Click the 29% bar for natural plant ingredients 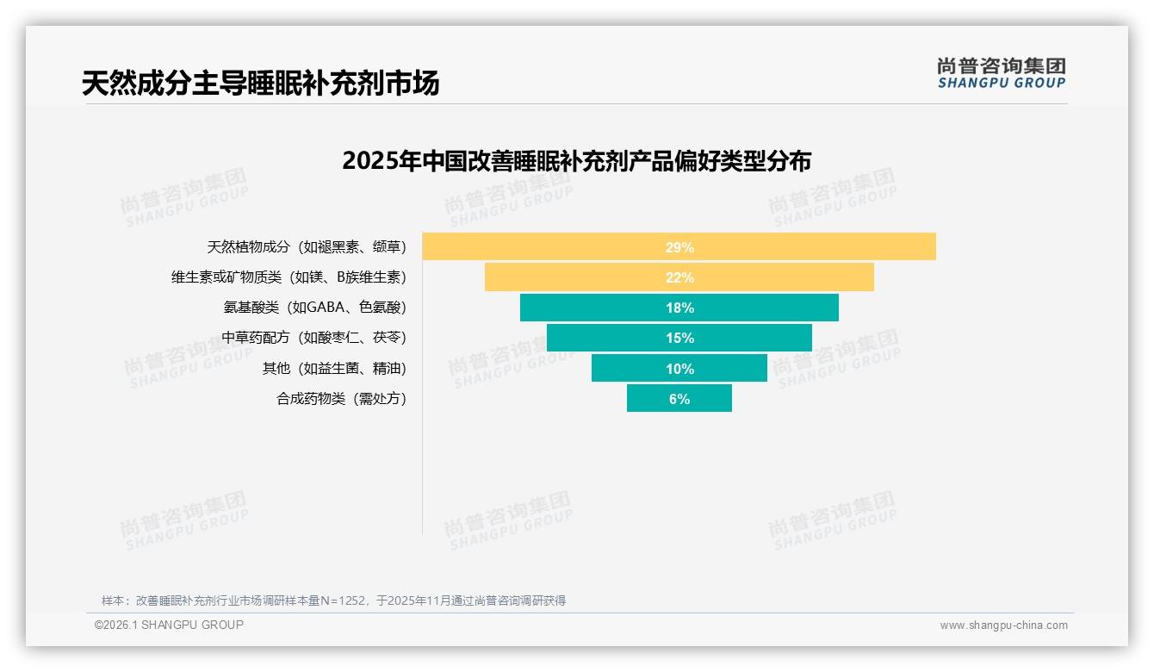(679, 247)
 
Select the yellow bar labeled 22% (679, 277)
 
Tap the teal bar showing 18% (679, 308)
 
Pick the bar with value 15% (679, 338)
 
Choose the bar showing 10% (679, 369)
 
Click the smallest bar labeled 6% (679, 399)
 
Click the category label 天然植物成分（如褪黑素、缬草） (307, 247)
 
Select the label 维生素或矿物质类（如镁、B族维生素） (288, 277)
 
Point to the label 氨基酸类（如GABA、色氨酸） (314, 308)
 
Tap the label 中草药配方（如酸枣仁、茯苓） (313, 338)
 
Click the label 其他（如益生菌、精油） (334, 369)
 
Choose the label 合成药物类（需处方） (341, 399)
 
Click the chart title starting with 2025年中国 (576, 161)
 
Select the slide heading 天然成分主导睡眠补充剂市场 (260, 83)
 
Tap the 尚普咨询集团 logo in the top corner (1001, 66)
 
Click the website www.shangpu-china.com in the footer (1003, 625)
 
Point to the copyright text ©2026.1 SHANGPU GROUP (169, 625)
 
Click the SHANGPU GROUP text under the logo (1001, 84)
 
